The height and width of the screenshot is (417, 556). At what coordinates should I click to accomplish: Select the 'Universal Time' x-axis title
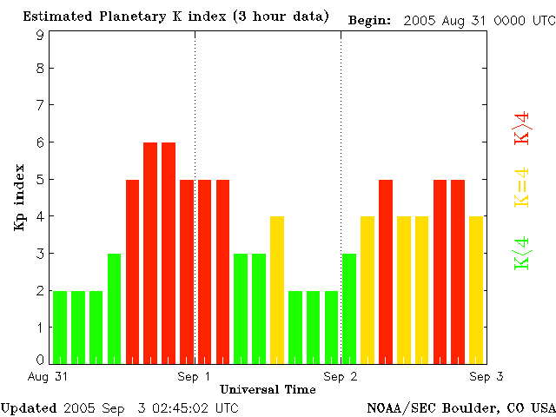click(268, 389)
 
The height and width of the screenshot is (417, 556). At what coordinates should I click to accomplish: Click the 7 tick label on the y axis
click(40, 105)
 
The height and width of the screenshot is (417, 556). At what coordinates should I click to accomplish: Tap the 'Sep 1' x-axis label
click(195, 377)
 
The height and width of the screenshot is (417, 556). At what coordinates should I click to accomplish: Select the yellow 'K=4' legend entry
click(522, 186)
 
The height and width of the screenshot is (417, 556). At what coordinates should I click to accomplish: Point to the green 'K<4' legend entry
click(522, 252)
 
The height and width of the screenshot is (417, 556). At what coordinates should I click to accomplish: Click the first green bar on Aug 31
click(60, 327)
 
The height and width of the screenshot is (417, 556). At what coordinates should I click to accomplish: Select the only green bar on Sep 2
click(349, 308)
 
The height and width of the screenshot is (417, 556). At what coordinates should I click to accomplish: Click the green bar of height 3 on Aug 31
click(115, 308)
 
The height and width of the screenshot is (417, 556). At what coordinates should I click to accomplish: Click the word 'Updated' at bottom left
click(29, 407)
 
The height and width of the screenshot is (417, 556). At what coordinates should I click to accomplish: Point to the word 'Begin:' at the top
click(369, 18)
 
